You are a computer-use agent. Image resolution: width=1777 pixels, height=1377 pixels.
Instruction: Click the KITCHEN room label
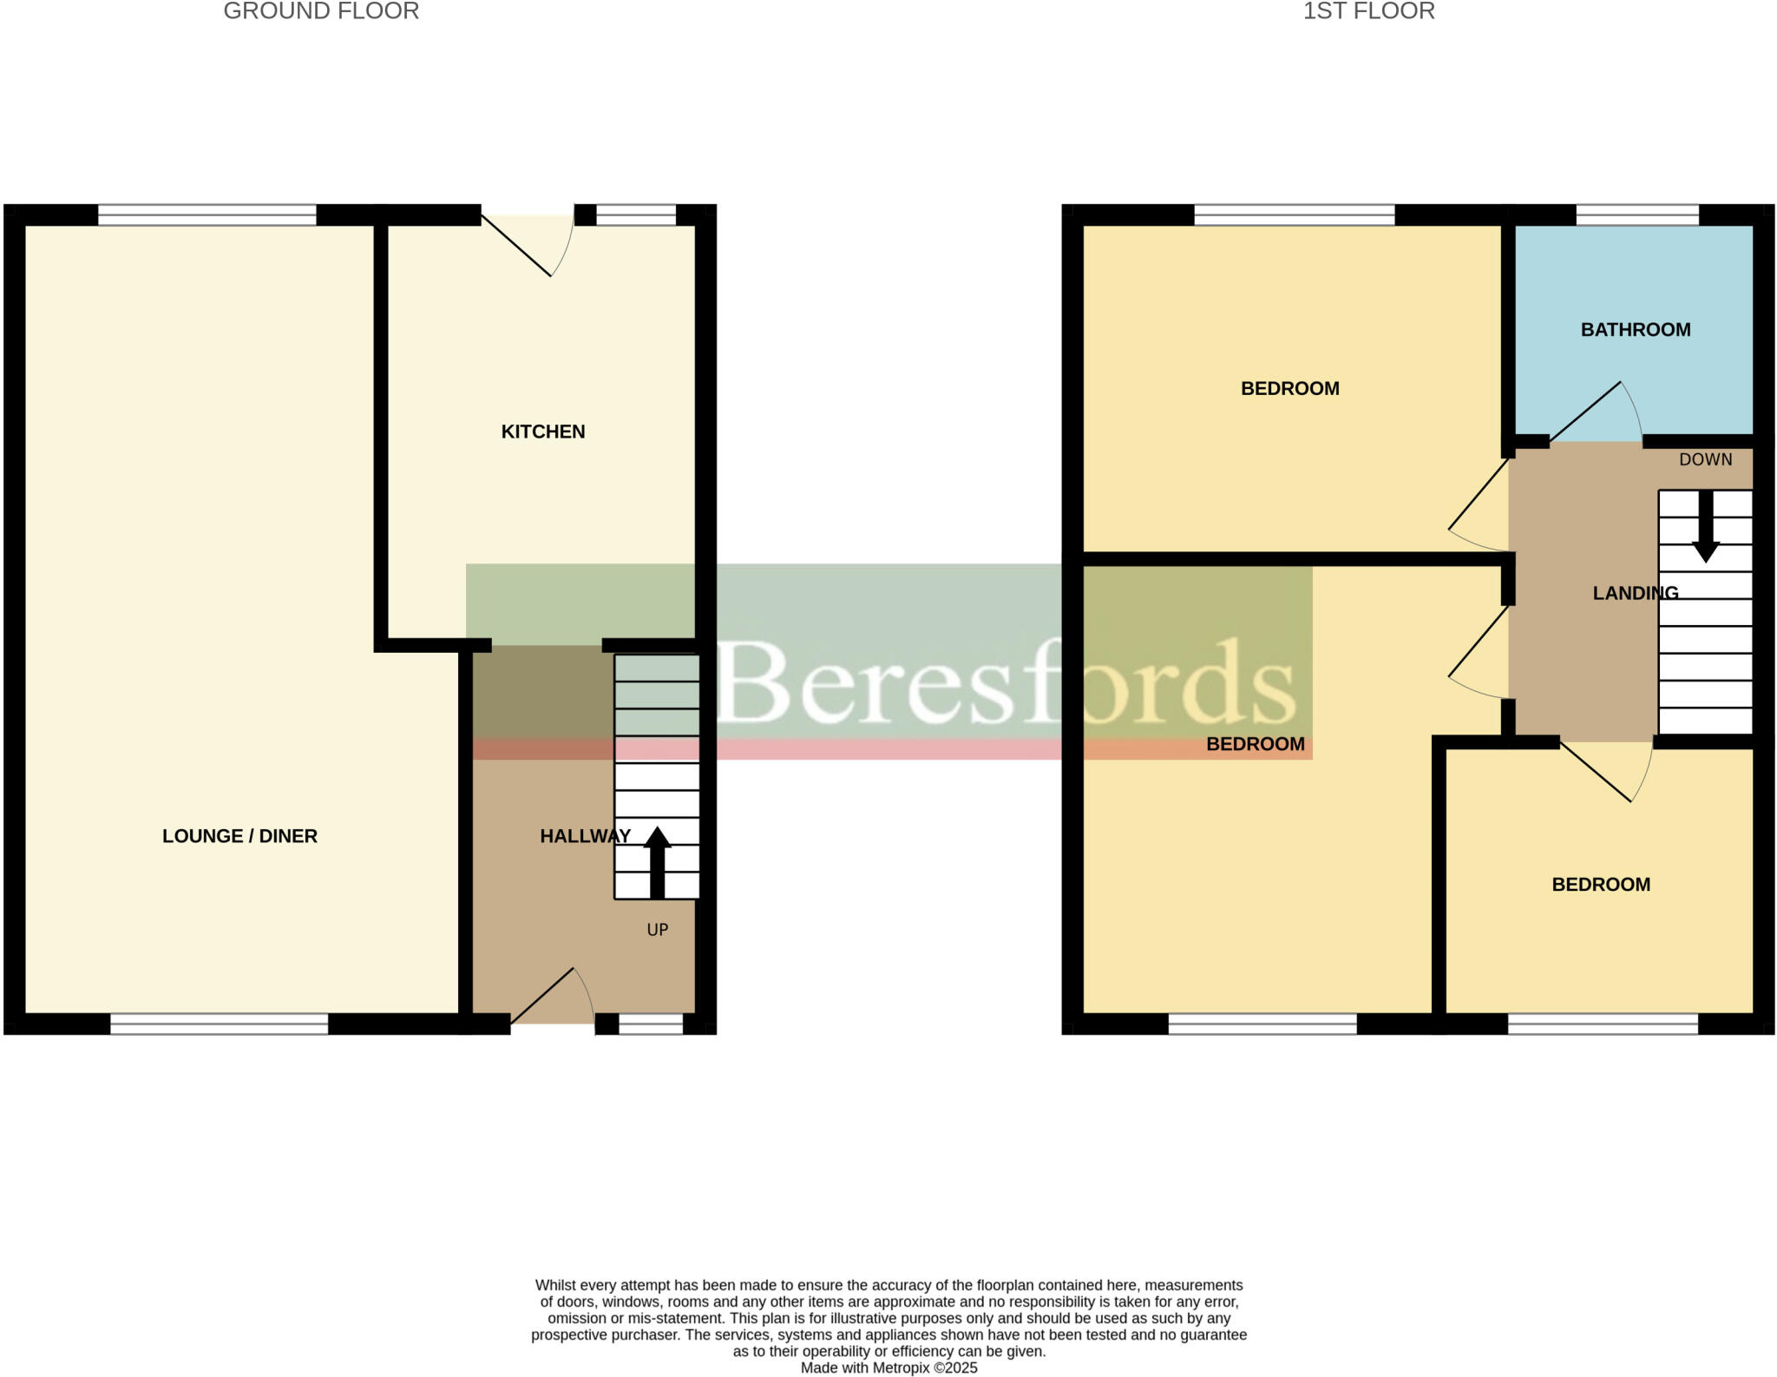click(x=543, y=432)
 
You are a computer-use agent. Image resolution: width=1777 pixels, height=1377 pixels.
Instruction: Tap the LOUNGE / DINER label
click(x=239, y=836)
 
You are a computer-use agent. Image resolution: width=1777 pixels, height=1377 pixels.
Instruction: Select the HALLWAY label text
click(x=585, y=836)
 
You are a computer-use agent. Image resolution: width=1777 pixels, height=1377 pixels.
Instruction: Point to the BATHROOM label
click(x=1636, y=330)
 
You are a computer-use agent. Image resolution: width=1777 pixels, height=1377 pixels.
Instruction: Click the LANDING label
click(x=1636, y=593)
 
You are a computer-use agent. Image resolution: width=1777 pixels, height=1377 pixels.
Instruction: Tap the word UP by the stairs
click(x=658, y=930)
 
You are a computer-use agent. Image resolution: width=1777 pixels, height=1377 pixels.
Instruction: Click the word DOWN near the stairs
click(x=1705, y=460)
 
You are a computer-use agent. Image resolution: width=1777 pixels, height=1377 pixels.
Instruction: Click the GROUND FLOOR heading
click(x=321, y=11)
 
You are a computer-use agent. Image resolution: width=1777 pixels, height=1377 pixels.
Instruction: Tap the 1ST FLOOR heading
click(x=1368, y=11)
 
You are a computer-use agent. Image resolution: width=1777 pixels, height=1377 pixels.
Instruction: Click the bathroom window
click(x=1636, y=214)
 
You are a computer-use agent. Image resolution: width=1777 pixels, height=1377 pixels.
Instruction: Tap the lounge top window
click(x=207, y=214)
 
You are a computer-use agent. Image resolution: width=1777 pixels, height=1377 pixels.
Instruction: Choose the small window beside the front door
click(x=651, y=1025)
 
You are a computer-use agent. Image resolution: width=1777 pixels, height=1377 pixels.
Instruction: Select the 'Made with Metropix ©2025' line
click(x=888, y=1368)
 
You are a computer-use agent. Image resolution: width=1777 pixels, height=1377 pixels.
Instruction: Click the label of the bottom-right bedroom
click(x=1601, y=885)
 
